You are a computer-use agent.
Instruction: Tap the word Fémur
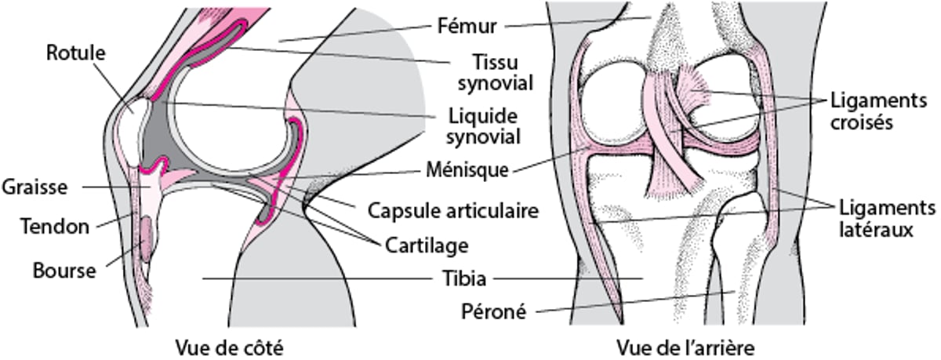(x=467, y=27)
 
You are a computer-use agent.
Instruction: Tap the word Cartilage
(x=427, y=245)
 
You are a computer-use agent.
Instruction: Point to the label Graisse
(x=35, y=187)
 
